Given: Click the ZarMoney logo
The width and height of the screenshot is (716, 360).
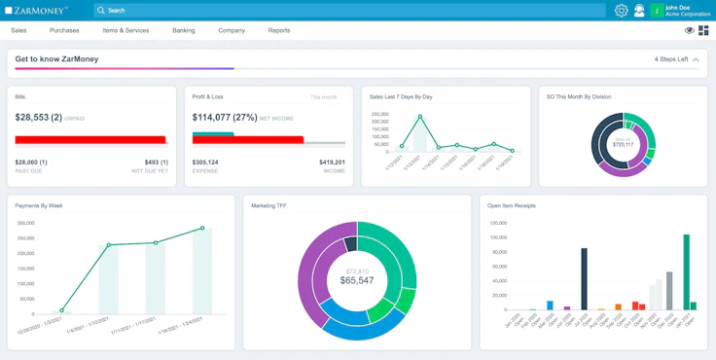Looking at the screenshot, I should pos(36,10).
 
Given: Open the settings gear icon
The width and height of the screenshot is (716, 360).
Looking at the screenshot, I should pos(622,11).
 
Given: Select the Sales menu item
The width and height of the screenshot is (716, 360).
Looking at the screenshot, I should pos(18,30).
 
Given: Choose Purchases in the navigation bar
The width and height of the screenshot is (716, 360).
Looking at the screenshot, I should pos(64,30).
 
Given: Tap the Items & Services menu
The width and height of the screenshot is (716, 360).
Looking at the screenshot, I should pos(125,30).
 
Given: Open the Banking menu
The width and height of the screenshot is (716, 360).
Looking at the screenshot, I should pos(184,30).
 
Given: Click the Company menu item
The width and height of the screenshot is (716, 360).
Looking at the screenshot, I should pos(232,30).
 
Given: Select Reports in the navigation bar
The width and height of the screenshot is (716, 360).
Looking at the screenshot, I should pos(279,30).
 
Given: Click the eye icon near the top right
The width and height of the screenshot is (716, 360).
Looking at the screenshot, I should pos(690,30).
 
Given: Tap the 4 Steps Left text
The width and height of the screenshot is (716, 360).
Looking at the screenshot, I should pos(671,59).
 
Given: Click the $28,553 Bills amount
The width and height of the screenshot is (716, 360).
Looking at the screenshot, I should pos(38,117).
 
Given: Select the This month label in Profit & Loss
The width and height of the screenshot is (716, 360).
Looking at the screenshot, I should pos(323,97).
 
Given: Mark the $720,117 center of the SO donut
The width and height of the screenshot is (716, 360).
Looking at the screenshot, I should pos(622,144).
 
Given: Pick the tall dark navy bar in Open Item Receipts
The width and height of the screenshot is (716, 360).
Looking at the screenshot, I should pos(584,278).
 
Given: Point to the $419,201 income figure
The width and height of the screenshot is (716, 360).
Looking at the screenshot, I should pos(332,162).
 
